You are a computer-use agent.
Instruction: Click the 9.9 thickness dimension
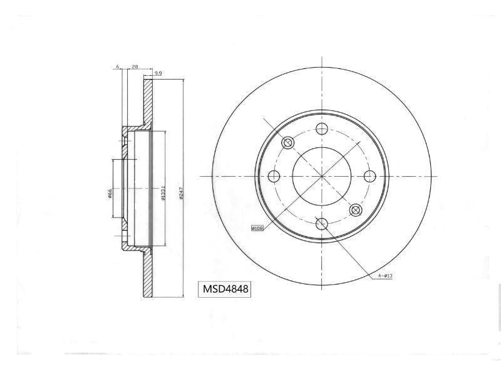pos(158,74)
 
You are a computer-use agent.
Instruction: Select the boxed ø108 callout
pos(257,229)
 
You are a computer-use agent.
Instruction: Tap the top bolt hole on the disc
pos(322,129)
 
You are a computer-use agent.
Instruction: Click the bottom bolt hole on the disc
pos(322,224)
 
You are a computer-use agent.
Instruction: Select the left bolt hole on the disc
pos(274,177)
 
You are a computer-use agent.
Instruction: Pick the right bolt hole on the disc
pos(369,177)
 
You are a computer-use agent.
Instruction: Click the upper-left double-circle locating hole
pos(288,143)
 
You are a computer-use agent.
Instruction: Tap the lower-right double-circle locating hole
pos(356,210)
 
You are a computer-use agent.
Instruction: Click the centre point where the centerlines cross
pos(322,177)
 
